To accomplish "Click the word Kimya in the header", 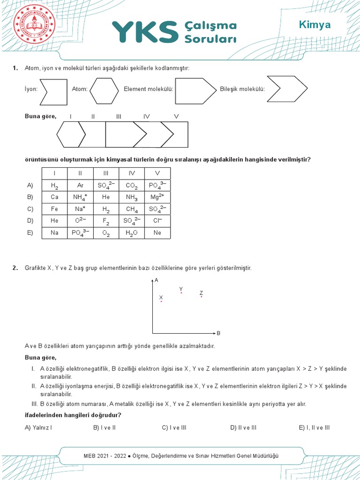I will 315,25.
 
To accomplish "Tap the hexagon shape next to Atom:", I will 104,90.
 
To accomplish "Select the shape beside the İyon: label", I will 52,90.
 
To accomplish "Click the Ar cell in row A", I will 80,186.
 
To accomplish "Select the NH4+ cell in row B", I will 80,197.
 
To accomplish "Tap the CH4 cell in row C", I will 131,210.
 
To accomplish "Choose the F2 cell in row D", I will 106,221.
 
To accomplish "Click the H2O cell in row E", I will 131,233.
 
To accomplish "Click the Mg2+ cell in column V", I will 157,197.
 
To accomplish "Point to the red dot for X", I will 161,301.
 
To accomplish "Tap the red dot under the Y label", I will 181,293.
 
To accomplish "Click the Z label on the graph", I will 201,292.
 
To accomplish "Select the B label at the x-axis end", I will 218,333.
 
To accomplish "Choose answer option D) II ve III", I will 243,427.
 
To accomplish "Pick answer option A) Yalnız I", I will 38,427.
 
